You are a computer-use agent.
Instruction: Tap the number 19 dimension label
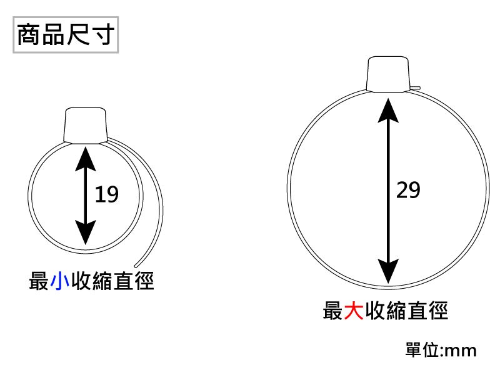point(107,194)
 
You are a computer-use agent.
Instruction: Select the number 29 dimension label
point(409,190)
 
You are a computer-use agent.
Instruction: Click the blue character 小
point(59,281)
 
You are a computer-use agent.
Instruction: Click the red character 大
point(354,311)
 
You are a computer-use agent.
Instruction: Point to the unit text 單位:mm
point(441,350)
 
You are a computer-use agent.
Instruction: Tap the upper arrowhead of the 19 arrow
point(86,159)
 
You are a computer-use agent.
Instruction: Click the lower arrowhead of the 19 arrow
point(86,232)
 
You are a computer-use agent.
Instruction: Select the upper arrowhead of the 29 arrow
point(388,111)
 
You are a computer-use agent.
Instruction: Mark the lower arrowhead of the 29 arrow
point(388,271)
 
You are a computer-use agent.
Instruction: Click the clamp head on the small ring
point(86,126)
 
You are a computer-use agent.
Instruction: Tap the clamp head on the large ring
point(388,74)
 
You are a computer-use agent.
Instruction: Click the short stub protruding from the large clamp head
point(416,87)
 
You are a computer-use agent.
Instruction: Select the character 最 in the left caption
point(39,281)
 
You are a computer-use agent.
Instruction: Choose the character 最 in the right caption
point(332,311)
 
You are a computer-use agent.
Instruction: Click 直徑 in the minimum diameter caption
point(134,281)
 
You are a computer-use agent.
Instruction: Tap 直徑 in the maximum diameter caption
point(427,311)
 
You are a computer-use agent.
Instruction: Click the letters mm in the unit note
point(461,351)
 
